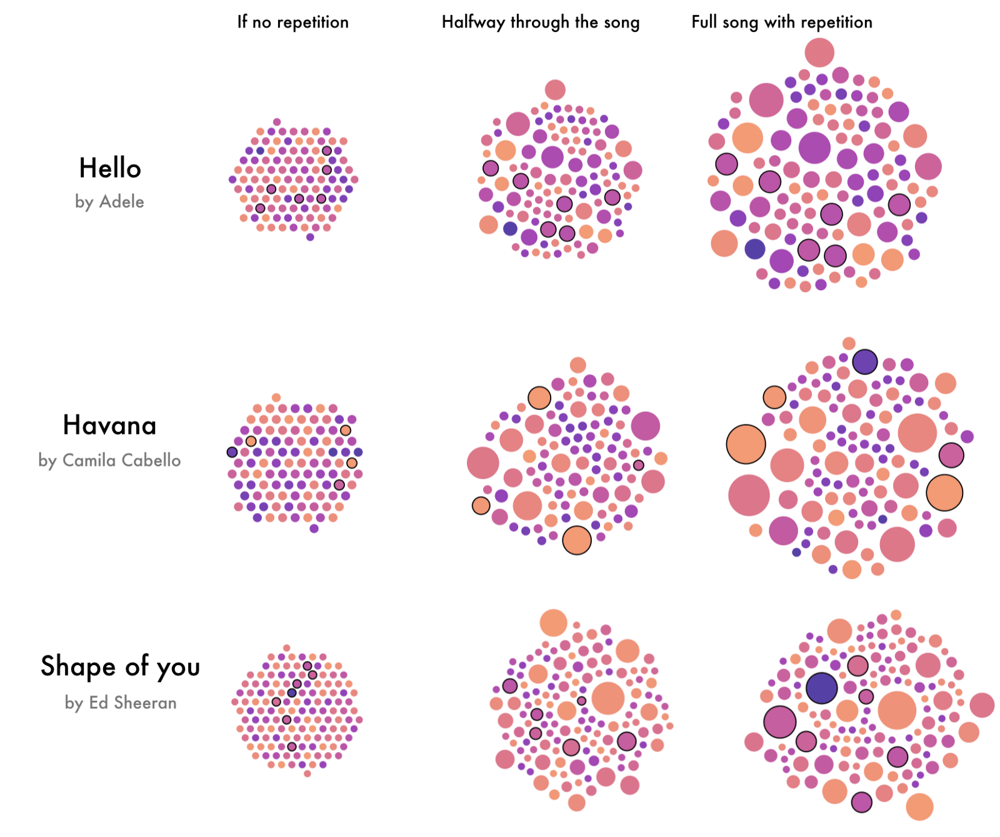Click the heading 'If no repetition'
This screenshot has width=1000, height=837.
click(x=292, y=23)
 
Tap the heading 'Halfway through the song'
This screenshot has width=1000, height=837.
click(x=540, y=23)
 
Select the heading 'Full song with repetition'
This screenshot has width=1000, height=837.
click(x=781, y=23)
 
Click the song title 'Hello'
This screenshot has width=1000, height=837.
click(x=110, y=168)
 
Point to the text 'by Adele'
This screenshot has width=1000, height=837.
click(x=109, y=201)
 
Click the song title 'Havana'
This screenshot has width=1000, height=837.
click(x=109, y=425)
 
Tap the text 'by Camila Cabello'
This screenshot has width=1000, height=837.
click(x=109, y=460)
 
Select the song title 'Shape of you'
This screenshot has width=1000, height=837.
click(x=120, y=666)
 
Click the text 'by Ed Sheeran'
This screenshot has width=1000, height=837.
click(x=120, y=703)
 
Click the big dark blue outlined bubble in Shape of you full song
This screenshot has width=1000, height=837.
click(x=821, y=688)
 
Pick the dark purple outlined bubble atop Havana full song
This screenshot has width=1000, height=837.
click(x=864, y=361)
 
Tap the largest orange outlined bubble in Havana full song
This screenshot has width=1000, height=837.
click(x=746, y=444)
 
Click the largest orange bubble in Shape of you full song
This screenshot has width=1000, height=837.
click(x=897, y=710)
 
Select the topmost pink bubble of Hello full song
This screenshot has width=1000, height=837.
click(x=819, y=53)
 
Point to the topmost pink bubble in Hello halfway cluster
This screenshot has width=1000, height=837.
click(x=554, y=90)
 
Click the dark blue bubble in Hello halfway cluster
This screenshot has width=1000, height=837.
click(x=510, y=228)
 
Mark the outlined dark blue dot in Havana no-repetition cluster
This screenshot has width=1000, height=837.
click(x=232, y=452)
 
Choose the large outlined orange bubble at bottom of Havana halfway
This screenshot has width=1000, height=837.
click(x=576, y=540)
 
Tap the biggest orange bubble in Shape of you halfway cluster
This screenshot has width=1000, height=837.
click(x=607, y=698)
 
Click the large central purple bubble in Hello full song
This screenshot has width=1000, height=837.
click(x=814, y=148)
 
